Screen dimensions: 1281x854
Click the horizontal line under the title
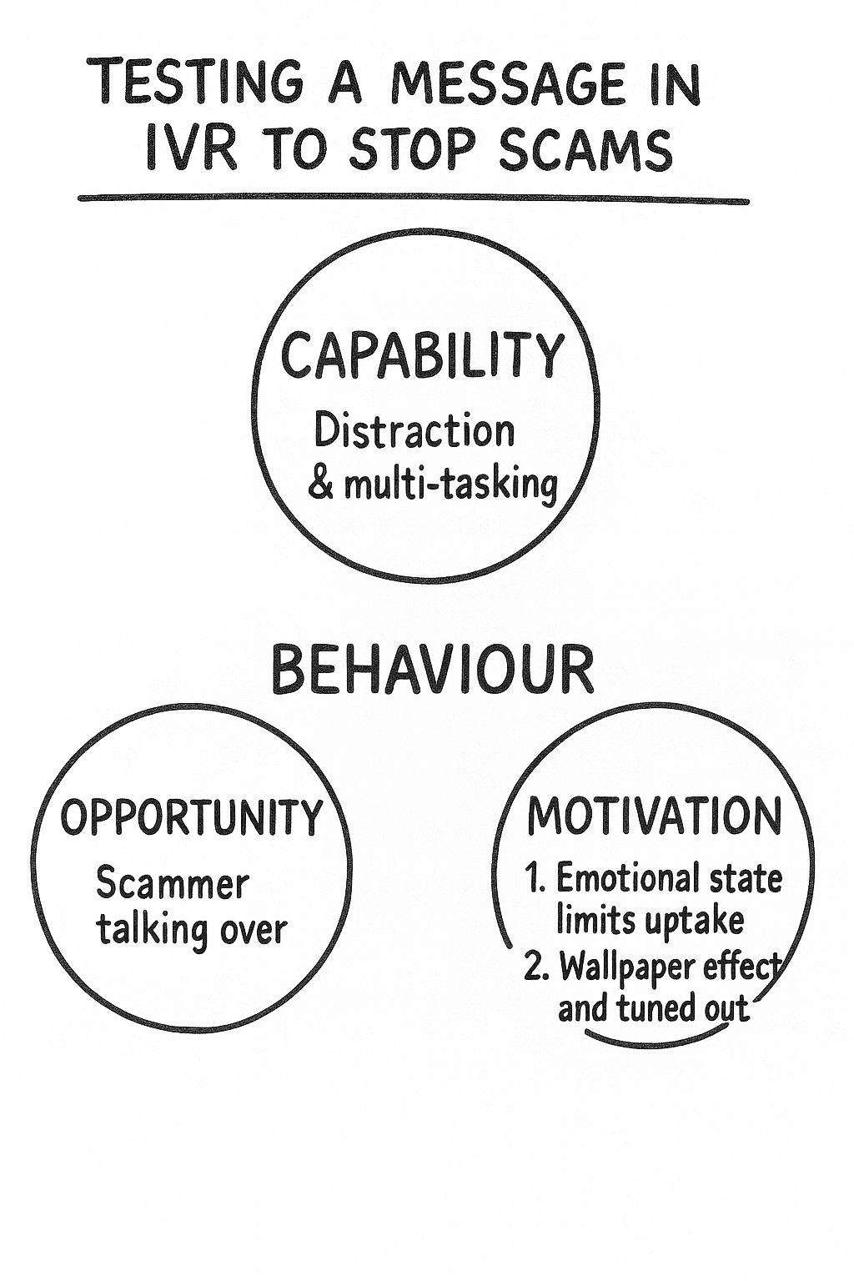[x=413, y=199]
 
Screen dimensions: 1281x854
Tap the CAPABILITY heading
[x=423, y=355]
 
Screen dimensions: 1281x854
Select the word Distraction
[x=414, y=432]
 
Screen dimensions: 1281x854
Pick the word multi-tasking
[x=451, y=485]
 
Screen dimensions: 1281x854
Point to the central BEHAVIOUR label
[x=433, y=670]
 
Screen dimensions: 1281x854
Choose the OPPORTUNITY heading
[x=191, y=818]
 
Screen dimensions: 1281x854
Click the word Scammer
[x=173, y=883]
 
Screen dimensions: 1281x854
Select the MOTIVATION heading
[x=656, y=816]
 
